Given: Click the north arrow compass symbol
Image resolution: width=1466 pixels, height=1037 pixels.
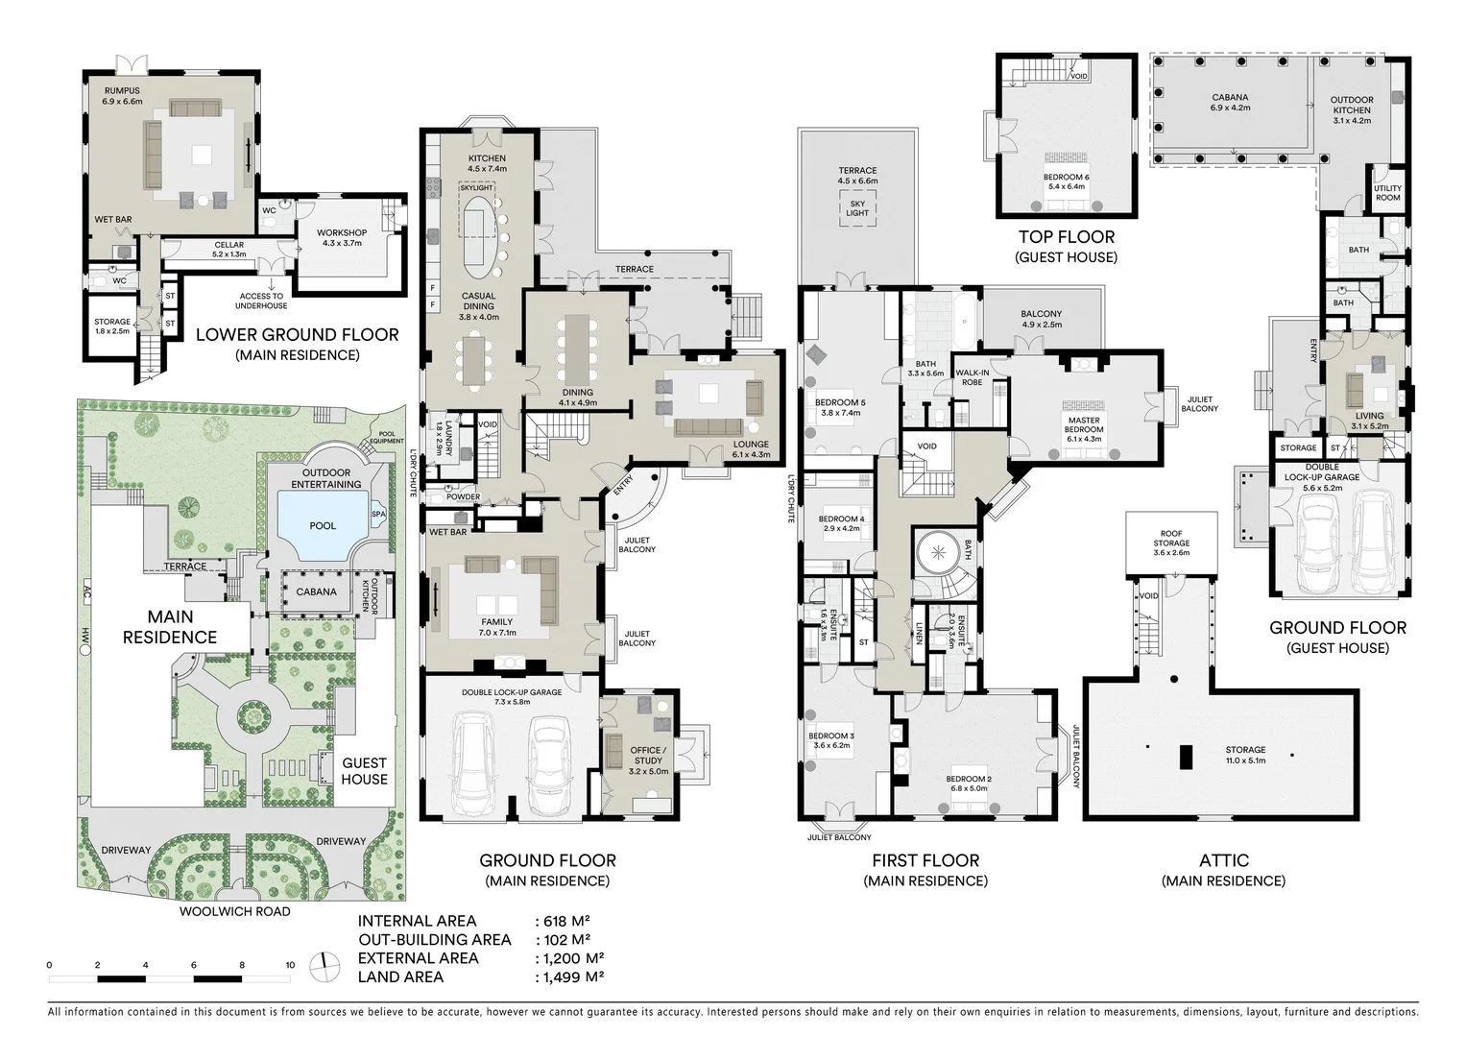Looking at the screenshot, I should click(324, 966).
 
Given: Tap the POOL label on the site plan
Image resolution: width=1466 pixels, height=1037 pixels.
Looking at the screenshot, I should click(323, 525).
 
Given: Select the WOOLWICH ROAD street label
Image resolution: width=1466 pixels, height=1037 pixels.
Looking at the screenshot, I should click(234, 911).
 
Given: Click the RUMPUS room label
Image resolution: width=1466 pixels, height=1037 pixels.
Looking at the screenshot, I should click(122, 91).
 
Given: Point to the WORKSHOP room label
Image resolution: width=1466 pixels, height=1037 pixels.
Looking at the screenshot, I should click(342, 232).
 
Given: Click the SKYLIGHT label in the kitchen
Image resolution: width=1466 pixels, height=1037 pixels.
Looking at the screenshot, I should click(476, 188).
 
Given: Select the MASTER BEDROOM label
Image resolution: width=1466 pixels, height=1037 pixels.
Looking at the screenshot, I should click(1084, 424).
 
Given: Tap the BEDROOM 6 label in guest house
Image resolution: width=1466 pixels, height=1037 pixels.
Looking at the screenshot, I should click(1067, 178).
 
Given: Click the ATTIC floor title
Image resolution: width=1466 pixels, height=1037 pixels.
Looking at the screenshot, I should click(1223, 860).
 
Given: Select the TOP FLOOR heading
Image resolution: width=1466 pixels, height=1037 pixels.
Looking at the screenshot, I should click(1067, 237).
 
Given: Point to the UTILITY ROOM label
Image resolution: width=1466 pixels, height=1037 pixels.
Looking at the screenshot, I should click(1387, 193).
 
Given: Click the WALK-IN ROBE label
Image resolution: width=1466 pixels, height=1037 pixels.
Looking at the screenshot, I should click(972, 376).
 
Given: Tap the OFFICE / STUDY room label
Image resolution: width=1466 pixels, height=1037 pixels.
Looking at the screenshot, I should click(647, 756).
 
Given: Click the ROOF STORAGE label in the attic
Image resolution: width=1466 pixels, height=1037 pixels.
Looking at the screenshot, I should click(1171, 539).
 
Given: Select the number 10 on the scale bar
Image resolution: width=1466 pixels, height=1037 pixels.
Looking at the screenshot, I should click(290, 965).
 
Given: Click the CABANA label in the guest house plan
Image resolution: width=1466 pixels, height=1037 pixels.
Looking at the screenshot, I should click(1230, 97).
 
